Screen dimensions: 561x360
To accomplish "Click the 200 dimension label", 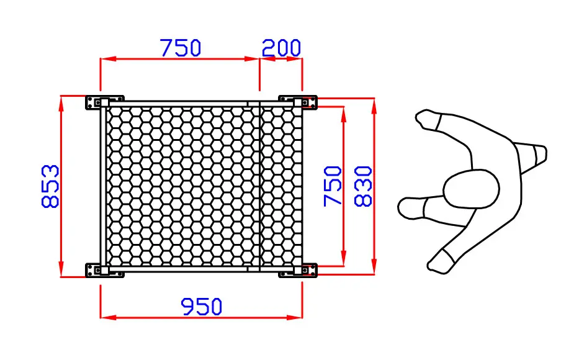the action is point(281,48).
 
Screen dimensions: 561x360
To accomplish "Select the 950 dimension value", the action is point(202,307).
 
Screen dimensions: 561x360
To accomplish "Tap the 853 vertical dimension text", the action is point(50,186).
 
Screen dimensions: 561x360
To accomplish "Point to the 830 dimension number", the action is point(363,186).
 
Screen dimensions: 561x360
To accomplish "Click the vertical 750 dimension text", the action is point(333,186).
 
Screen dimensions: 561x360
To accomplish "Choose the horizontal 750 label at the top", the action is point(181,48).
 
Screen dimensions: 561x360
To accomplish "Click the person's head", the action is point(471,189).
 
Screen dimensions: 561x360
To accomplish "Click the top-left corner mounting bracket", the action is point(104,102).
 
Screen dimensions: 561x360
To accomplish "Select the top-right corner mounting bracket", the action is point(298,102).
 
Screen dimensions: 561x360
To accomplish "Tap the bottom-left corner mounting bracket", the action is point(104,270).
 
